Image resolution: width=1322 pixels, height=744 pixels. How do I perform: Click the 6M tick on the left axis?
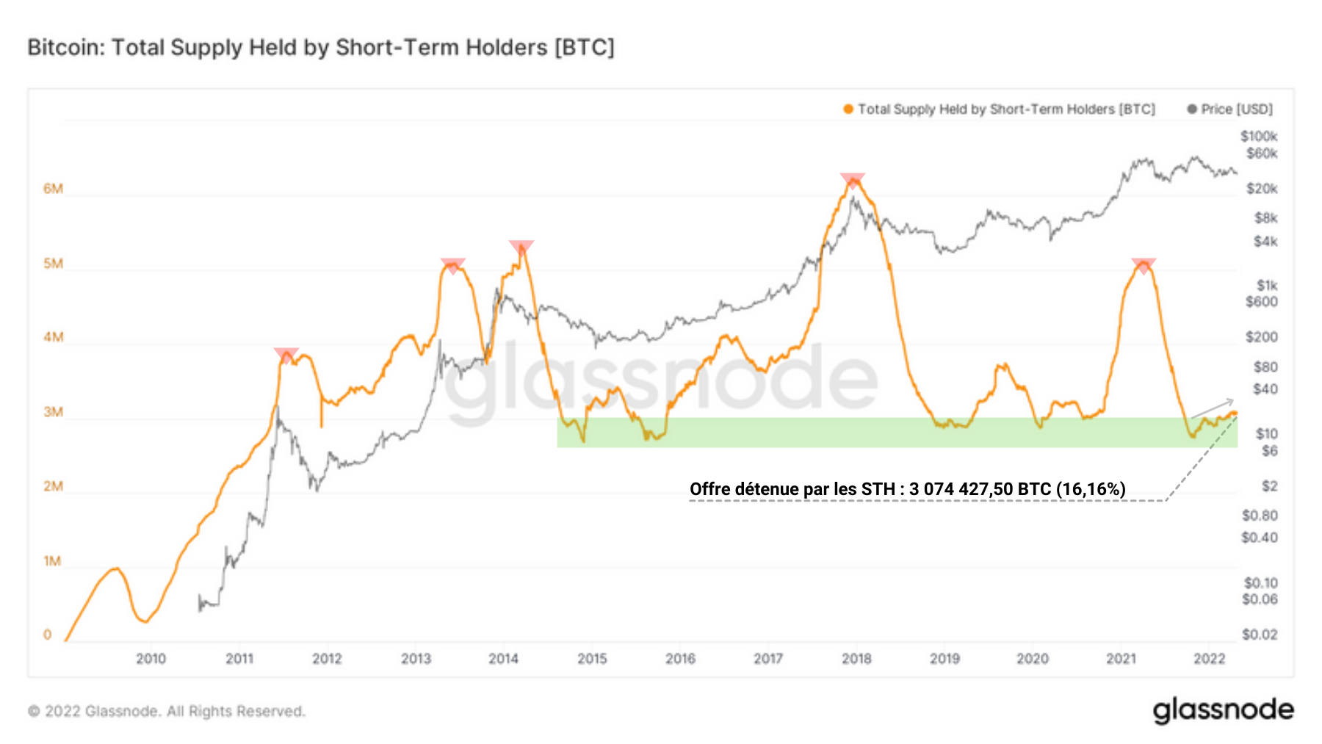(x=53, y=189)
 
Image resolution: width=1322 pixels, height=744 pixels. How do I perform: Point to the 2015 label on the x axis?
(x=592, y=659)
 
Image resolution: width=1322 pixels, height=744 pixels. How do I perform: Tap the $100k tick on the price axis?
(x=1259, y=137)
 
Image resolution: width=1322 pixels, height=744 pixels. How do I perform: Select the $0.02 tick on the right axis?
(x=1260, y=635)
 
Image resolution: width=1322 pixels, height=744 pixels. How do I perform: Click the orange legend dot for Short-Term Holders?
(x=848, y=109)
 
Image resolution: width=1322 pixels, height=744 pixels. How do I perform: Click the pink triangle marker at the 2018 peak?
(x=853, y=180)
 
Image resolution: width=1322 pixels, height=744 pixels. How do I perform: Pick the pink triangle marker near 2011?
(x=286, y=355)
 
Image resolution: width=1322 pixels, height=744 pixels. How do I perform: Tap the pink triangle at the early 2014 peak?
(x=521, y=248)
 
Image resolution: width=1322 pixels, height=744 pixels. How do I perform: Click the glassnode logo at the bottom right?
(x=1223, y=710)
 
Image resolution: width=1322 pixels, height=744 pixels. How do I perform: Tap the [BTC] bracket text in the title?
(x=585, y=48)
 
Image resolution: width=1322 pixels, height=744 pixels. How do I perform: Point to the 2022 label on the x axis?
(x=1209, y=659)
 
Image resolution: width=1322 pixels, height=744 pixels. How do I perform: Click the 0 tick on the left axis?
(x=48, y=635)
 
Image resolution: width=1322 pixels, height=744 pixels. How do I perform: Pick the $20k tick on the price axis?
(x=1262, y=189)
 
